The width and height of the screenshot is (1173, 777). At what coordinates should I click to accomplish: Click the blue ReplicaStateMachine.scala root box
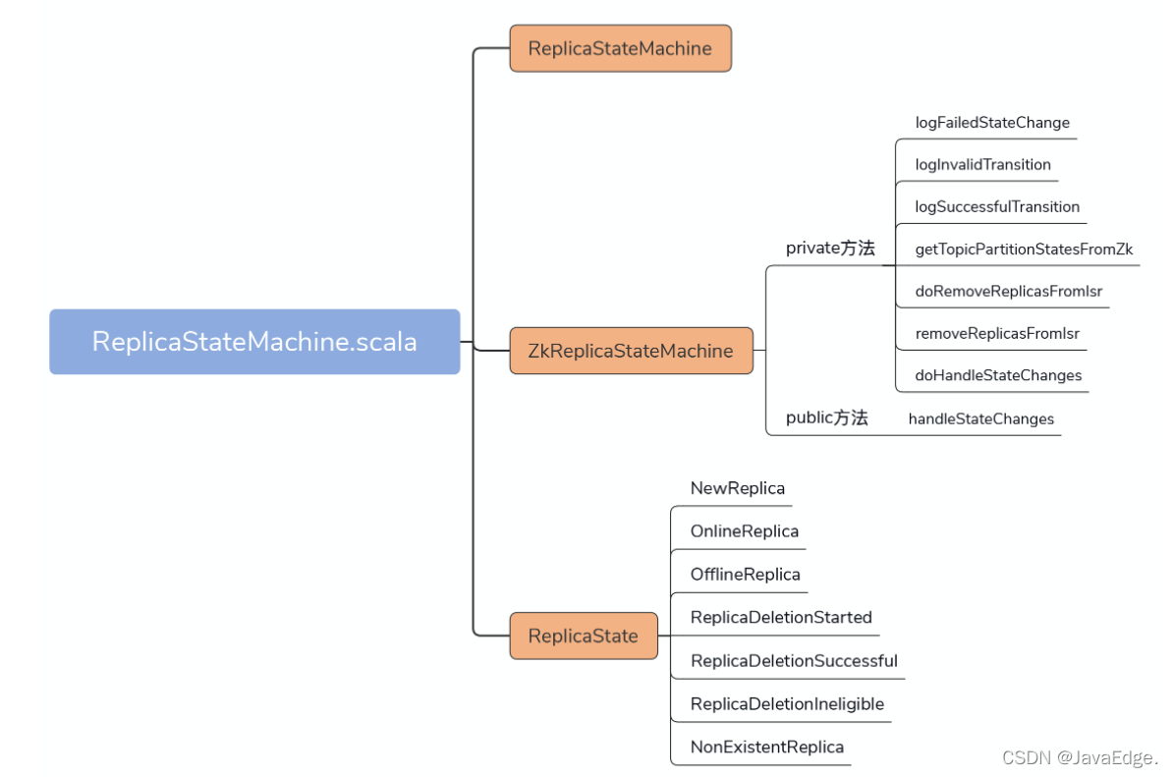coord(254,342)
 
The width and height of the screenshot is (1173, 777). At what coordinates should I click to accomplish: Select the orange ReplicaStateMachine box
coord(620,48)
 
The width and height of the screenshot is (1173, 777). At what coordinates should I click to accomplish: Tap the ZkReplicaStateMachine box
coord(631,351)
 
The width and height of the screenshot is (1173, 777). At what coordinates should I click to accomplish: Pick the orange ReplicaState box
coord(584,636)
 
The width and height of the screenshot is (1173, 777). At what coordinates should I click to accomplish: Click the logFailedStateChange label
coord(992,123)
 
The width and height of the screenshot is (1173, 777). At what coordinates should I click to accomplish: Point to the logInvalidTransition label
coord(983,164)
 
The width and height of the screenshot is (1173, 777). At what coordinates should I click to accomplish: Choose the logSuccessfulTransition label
coord(997,206)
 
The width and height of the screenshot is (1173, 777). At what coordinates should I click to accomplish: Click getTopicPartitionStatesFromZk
coord(1024,250)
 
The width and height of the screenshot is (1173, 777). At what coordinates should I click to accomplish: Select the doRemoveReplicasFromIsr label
coord(1008,291)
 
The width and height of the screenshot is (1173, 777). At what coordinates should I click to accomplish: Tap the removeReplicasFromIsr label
coord(997,334)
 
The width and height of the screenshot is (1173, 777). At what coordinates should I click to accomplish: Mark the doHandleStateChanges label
coord(998,375)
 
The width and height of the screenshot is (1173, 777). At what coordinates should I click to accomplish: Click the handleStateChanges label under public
coord(980,418)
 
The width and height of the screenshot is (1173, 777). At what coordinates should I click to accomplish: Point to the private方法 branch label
coord(829,249)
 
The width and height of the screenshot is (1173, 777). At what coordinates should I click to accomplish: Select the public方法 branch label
coord(826,418)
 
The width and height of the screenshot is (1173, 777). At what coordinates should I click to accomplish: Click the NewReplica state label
coord(738,488)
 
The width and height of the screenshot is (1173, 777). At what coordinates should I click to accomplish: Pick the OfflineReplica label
coord(745,575)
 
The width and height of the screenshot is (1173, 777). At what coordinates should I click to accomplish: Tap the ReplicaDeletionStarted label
coord(781,617)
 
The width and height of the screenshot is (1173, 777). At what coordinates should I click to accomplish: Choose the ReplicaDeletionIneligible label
coord(787,703)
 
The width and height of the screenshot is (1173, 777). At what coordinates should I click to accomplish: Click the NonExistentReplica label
coord(767,748)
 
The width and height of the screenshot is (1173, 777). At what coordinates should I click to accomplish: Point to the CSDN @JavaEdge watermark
coord(1080,757)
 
